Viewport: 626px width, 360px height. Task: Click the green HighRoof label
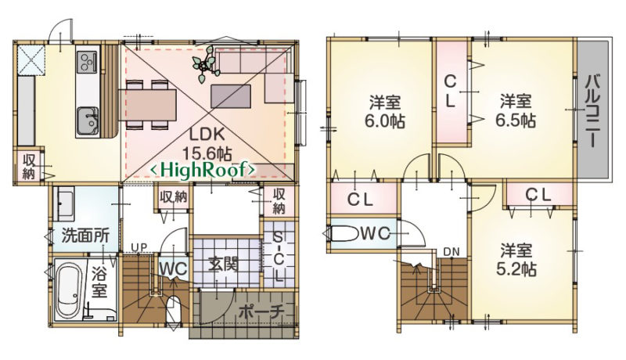click(202, 170)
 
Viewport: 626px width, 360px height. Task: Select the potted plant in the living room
click(206, 64)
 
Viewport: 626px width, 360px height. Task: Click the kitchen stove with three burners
click(87, 62)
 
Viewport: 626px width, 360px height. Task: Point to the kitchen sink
click(88, 121)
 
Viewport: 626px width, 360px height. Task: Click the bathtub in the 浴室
click(69, 290)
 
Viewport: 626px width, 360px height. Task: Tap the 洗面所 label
click(85, 236)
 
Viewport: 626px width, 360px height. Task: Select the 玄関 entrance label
click(224, 264)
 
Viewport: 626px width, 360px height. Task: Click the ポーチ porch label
click(261, 311)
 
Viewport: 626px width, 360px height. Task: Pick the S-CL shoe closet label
click(279, 257)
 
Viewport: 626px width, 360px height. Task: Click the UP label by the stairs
click(139, 248)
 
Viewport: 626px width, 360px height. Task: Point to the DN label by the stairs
click(452, 252)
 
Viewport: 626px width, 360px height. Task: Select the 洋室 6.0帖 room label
click(385, 111)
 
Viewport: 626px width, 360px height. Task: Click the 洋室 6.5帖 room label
click(516, 110)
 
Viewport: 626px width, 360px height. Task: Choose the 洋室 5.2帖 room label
click(516, 260)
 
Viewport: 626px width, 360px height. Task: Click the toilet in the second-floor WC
click(346, 234)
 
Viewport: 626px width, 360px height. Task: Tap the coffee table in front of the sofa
click(231, 95)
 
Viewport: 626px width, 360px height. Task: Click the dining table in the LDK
click(148, 105)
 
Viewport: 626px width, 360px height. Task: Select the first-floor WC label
click(173, 268)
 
